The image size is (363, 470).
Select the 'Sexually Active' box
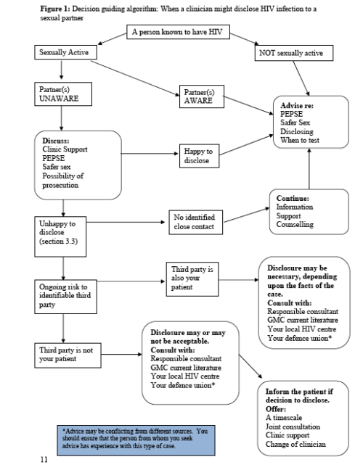pos(64,54)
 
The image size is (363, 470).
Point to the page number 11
pos(45,459)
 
